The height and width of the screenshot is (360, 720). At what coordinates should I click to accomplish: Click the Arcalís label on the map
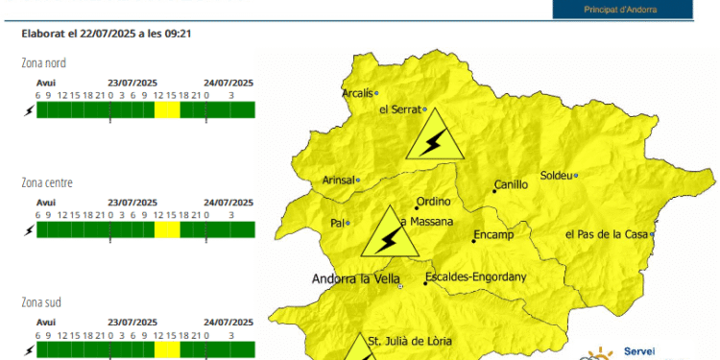pyautogui.click(x=357, y=93)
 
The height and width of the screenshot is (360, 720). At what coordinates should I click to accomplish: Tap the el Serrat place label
pyautogui.click(x=400, y=109)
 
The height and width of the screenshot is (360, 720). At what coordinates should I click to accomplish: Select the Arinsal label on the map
pyautogui.click(x=338, y=180)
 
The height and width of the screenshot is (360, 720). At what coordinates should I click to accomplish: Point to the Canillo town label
pyautogui.click(x=511, y=184)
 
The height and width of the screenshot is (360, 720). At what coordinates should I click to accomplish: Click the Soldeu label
pyautogui.click(x=556, y=176)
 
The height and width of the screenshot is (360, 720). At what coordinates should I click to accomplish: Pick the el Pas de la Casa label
pyautogui.click(x=607, y=234)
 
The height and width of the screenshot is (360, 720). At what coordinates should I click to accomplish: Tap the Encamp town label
pyautogui.click(x=494, y=235)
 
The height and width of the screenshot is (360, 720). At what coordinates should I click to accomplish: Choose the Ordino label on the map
pyautogui.click(x=431, y=204)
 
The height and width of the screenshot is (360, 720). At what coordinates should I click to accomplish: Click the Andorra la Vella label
pyautogui.click(x=355, y=279)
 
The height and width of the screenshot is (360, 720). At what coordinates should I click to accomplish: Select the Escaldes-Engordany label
pyautogui.click(x=476, y=277)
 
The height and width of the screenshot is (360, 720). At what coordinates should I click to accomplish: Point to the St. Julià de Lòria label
pyautogui.click(x=410, y=341)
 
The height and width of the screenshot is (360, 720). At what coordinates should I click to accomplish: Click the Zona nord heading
pyautogui.click(x=43, y=63)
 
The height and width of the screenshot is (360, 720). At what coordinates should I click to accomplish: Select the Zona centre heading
pyautogui.click(x=47, y=182)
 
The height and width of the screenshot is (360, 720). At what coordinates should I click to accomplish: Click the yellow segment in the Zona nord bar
pyautogui.click(x=167, y=110)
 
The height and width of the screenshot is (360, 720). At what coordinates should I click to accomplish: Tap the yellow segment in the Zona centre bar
pyautogui.click(x=167, y=229)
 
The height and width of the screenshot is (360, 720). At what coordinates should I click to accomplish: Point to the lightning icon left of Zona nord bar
pyautogui.click(x=28, y=110)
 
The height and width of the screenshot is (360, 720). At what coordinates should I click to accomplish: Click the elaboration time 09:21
pyautogui.click(x=178, y=33)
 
